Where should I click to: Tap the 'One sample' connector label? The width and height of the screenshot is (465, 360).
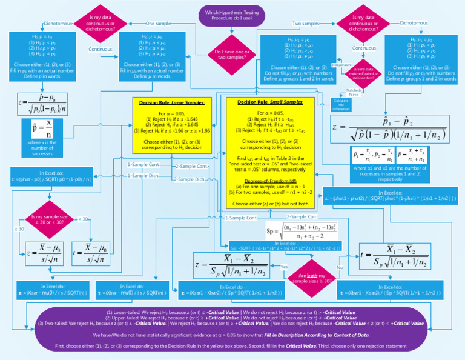coord(158,23)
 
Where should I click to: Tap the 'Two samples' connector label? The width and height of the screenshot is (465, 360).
coord(306,23)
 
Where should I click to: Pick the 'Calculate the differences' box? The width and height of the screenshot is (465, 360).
coord(341,104)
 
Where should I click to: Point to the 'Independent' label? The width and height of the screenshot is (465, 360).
coord(341,64)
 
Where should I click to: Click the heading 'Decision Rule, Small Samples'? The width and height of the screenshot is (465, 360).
coord(270,102)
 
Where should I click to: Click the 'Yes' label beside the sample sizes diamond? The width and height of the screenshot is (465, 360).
coord(284,267)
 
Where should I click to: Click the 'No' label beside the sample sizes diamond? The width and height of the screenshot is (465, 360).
coord(340,267)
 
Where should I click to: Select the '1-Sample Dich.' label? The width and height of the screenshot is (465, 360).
coord(143,175)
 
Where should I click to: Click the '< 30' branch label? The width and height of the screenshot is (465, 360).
coord(84,219)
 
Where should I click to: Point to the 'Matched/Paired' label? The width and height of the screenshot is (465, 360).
coord(352,92)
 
